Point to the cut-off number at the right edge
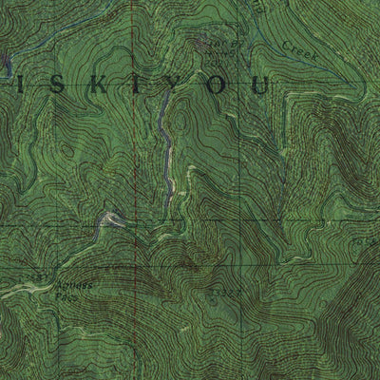[372, 240]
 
